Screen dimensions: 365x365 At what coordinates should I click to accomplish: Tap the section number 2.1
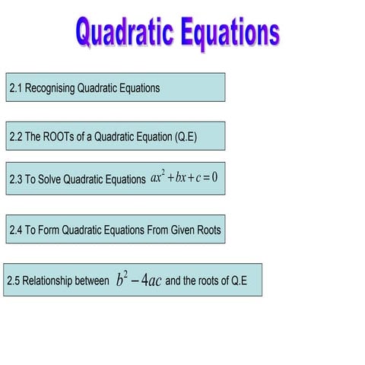coord(16,88)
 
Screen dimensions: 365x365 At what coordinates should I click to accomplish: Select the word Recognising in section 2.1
coord(52,88)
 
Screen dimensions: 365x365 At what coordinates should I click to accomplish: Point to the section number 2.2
coord(16,138)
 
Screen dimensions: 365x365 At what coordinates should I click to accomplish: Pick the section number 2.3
coord(16,180)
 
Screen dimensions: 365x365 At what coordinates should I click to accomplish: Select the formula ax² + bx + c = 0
coord(184,179)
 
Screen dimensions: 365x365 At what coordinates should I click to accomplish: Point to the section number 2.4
coord(16,230)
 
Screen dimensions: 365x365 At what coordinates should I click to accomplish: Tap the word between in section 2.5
coord(93,281)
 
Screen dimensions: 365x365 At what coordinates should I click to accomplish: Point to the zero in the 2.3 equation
coord(214,179)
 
